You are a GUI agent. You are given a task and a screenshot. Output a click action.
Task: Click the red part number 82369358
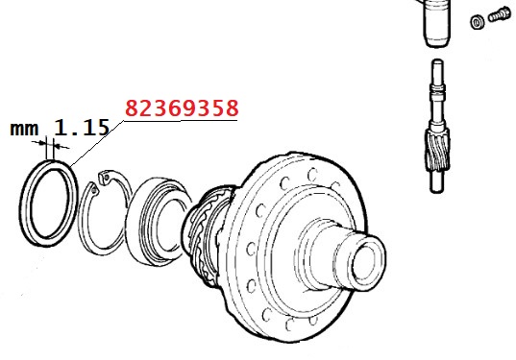pyautogui.click(x=182, y=108)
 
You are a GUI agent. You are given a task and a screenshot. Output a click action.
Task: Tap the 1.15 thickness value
pyautogui.click(x=82, y=128)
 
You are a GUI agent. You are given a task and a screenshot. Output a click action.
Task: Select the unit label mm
pyautogui.click(x=24, y=129)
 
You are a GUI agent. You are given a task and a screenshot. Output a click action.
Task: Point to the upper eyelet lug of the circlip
pyautogui.click(x=106, y=177)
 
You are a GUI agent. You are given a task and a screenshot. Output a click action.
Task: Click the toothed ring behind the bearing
pyautogui.click(x=204, y=237)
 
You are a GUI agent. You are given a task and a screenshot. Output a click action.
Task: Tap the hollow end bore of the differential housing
pyautogui.click(x=364, y=262)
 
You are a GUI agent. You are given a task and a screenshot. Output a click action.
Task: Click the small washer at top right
pyautogui.click(x=478, y=22)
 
